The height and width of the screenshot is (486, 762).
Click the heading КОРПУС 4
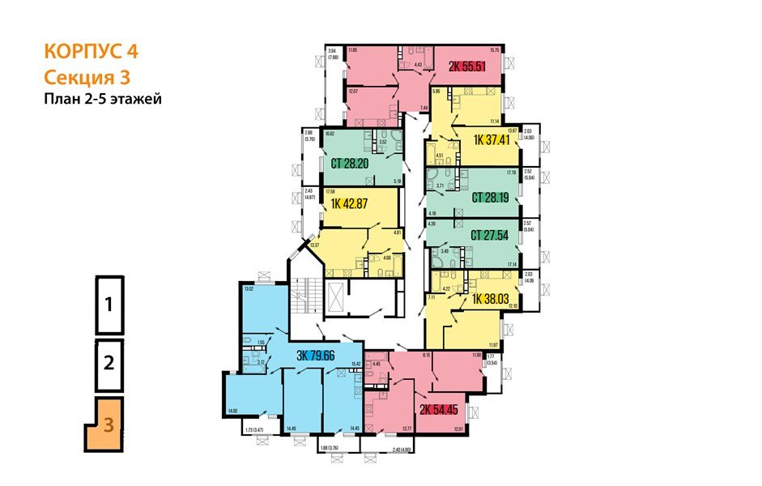91,52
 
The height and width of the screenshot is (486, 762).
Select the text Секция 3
87,78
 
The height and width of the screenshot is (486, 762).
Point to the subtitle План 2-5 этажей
104,100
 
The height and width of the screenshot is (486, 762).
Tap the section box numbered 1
109,305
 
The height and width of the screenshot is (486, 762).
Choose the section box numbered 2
109,362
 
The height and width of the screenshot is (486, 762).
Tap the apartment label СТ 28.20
354,162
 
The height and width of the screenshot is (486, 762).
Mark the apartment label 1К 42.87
350,204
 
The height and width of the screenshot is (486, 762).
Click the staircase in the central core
303,301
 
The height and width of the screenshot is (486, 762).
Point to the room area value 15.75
496,51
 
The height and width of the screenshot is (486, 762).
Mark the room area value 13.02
249,288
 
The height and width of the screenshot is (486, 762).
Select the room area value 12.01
458,428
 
